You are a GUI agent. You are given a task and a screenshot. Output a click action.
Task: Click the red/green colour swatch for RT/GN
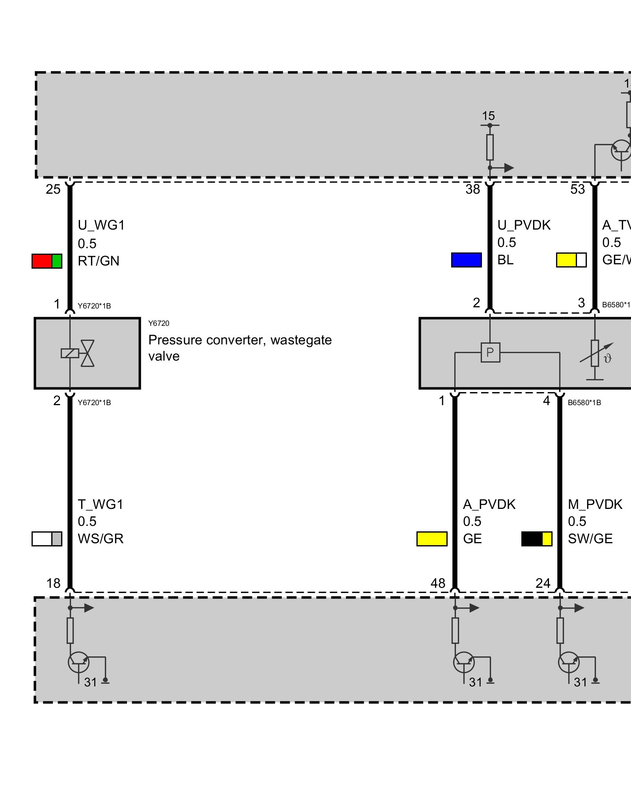pyautogui.click(x=47, y=261)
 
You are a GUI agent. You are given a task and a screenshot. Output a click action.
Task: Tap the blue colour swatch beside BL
pyautogui.click(x=466, y=260)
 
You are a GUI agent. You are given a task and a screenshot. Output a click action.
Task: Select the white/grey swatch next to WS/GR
pyautogui.click(x=47, y=539)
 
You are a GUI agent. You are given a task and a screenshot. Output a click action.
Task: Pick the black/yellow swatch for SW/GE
pyautogui.click(x=536, y=539)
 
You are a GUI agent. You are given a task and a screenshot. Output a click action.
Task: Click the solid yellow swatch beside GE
pyautogui.click(x=432, y=539)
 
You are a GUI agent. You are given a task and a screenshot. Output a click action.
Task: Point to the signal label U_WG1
pyautogui.click(x=101, y=225)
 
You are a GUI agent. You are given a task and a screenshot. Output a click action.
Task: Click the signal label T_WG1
pyautogui.click(x=101, y=505)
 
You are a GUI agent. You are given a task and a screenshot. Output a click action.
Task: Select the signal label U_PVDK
pyautogui.click(x=524, y=225)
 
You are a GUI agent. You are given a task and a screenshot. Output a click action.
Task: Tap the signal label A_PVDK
pyautogui.click(x=489, y=505)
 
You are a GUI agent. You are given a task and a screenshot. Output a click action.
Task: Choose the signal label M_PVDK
pyautogui.click(x=595, y=505)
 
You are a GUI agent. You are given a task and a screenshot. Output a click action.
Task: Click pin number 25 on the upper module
pyautogui.click(x=53, y=189)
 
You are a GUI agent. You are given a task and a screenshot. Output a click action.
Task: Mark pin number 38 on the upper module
pyautogui.click(x=472, y=189)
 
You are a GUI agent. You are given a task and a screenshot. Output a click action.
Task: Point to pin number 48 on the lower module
pyautogui.click(x=438, y=583)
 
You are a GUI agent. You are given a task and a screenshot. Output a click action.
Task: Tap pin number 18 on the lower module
pyautogui.click(x=54, y=583)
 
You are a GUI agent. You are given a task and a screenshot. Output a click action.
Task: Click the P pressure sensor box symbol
pyautogui.click(x=490, y=352)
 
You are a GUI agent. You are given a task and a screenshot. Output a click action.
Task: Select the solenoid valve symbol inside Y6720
pyautogui.click(x=78, y=353)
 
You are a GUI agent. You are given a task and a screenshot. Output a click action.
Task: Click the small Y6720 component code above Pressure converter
pyautogui.click(x=159, y=323)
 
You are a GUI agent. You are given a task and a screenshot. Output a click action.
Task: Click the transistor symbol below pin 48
pyautogui.click(x=464, y=662)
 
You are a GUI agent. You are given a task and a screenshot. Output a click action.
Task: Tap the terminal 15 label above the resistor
pyautogui.click(x=488, y=116)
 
